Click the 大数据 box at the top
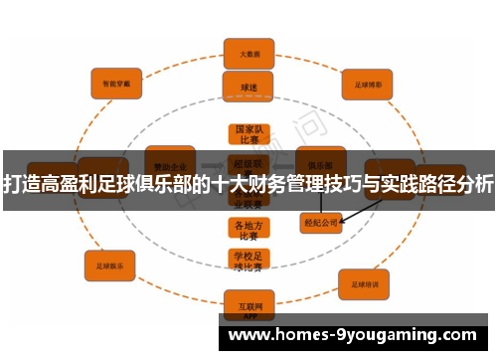pyautogui.click(x=248, y=53)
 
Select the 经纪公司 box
pyautogui.click(x=320, y=223)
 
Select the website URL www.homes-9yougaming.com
pyautogui.click(x=355, y=336)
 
